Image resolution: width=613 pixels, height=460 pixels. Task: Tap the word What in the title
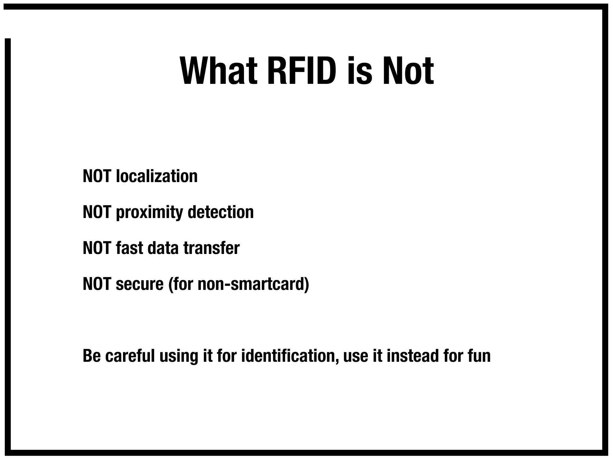219,71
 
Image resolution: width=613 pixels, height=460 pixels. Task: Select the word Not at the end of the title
408,71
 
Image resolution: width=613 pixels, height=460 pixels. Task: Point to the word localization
157,176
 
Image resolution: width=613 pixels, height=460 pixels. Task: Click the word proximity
149,213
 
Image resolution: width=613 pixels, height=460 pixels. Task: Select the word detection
221,212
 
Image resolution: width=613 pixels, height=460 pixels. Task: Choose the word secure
139,285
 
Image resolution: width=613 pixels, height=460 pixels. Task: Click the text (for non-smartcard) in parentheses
239,284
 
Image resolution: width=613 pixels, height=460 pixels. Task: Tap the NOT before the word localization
97,176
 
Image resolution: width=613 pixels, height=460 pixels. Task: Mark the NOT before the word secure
97,284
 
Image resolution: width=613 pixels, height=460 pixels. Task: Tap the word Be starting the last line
92,356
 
